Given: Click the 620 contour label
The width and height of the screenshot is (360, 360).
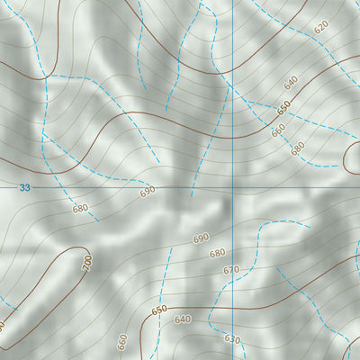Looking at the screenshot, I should click(321, 27).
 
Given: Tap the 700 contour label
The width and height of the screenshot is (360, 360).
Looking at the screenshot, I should click(87, 263).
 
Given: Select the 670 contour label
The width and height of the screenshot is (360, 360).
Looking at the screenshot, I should click(231, 270).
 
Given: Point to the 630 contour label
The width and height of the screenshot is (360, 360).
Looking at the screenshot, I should click(232, 339).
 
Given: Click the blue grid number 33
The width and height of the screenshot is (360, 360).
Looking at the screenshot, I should click(24, 187).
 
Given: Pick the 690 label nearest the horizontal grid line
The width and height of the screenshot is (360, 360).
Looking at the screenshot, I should click(148, 192).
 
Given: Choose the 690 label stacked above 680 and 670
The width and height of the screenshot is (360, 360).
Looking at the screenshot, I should click(201, 238).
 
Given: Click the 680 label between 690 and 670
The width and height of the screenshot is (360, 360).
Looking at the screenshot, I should click(217, 254).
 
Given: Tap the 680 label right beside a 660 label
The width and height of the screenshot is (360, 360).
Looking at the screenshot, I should click(298, 148).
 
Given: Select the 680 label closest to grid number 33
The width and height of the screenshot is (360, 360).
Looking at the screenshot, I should click(81, 209).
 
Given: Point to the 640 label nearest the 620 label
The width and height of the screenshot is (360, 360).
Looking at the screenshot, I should click(290, 83).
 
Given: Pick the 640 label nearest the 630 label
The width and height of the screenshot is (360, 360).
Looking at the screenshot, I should click(183, 319).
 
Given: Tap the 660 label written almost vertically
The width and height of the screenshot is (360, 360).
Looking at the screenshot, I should click(122, 342).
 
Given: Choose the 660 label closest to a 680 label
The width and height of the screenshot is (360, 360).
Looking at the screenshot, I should click(278, 129).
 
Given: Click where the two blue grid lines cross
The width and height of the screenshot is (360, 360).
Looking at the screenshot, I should click(232, 187).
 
